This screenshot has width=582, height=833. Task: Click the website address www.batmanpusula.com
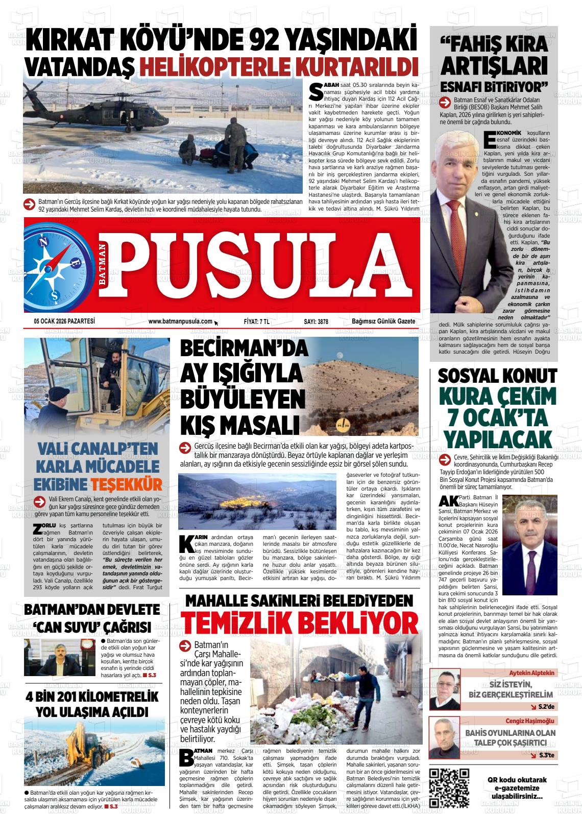pos(180,321)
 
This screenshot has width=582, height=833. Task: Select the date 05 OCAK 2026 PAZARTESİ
pos(64,321)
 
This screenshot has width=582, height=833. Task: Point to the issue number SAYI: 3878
pos(316,321)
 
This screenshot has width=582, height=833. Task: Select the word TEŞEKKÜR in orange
pos(127,484)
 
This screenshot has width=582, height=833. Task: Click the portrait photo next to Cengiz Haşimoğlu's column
pos(445,738)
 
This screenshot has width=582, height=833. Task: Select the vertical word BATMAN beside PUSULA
pos(103,265)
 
